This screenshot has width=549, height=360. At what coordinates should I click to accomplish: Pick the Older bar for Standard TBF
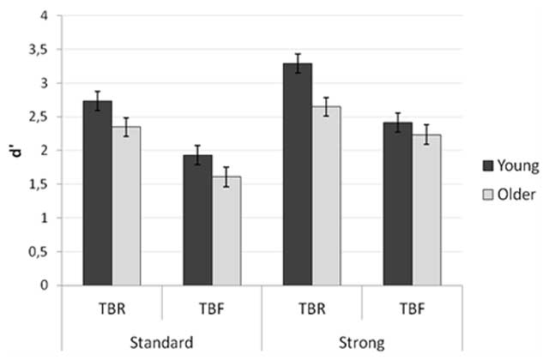click(x=226, y=231)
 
